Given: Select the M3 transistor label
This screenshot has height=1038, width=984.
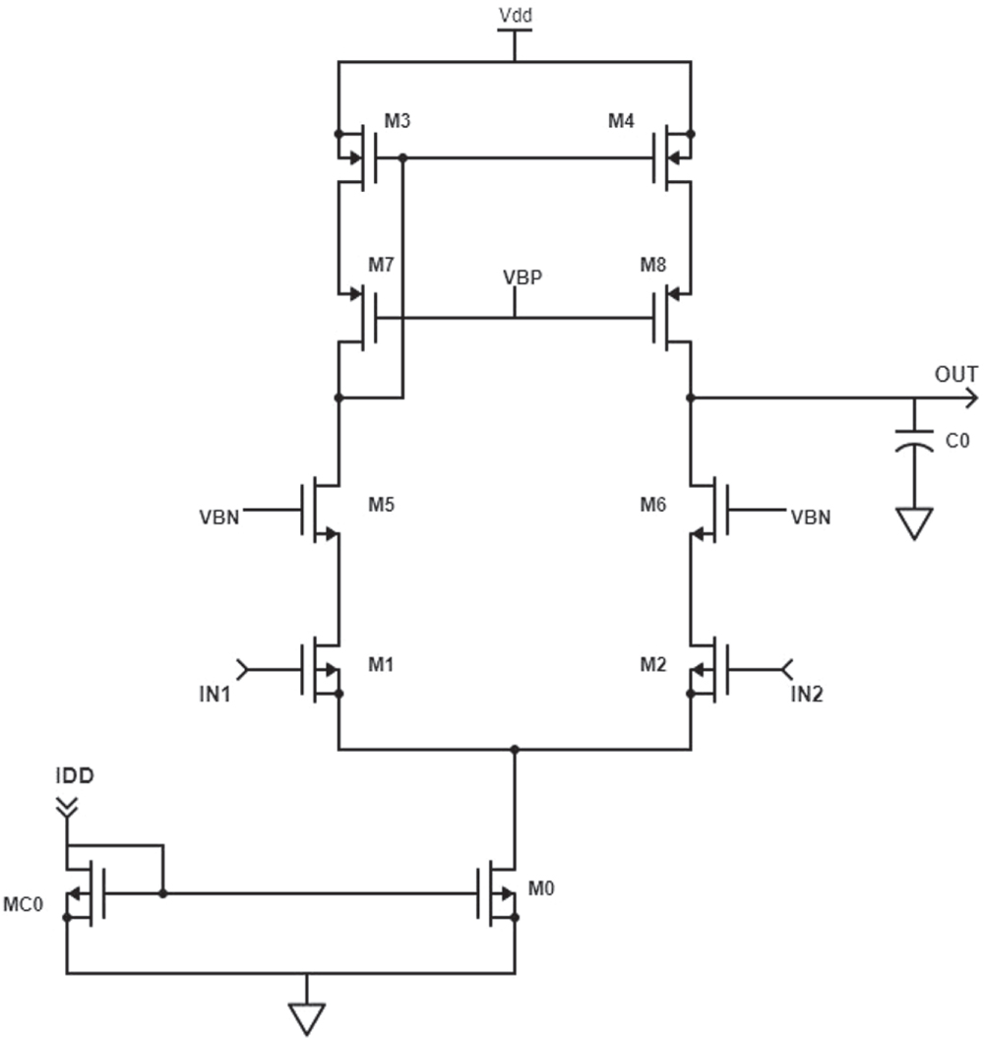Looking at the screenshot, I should pos(398,121).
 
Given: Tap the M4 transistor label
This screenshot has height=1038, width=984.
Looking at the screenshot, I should pos(622,121).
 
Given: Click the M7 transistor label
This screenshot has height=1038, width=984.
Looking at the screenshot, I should pos(382,266).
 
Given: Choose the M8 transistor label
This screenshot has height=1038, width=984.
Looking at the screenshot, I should pos(653,266).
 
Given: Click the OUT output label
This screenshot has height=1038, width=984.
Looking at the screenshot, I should pos(955,374).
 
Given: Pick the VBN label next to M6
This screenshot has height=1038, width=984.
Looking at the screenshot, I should pos(810,516).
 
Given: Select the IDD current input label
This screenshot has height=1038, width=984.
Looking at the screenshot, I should pos(74,776).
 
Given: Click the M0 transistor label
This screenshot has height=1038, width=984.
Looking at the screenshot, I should pos(541,889).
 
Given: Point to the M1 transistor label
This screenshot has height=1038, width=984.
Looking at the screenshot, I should pos(382,666).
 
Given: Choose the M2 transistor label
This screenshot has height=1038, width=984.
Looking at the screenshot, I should pos(653,666).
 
